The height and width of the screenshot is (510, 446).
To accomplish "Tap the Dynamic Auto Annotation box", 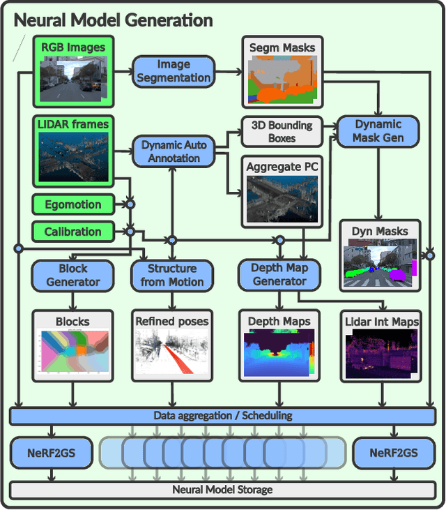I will pyautogui.click(x=174, y=151).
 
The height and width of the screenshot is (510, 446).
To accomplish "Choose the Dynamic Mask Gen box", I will pyautogui.click(x=378, y=131).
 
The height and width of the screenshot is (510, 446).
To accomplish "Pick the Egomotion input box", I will pyautogui.click(x=72, y=204).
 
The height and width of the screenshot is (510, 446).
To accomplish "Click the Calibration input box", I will pyautogui.click(x=72, y=232).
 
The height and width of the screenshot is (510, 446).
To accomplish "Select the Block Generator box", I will pyautogui.click(x=72, y=276).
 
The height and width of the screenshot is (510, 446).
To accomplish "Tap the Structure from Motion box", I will pyautogui.click(x=172, y=276).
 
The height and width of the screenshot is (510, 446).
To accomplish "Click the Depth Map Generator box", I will pyautogui.click(x=279, y=275).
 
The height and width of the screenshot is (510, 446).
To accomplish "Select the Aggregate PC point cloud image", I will pyautogui.click(x=282, y=198).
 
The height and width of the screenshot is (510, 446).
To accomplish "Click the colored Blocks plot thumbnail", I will pyautogui.click(x=72, y=352).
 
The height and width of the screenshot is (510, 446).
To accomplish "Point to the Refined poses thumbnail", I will pyautogui.click(x=172, y=353).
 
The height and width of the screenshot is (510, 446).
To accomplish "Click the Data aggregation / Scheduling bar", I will pyautogui.click(x=223, y=416).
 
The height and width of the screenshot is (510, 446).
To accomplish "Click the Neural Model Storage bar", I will pyautogui.click(x=223, y=490).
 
